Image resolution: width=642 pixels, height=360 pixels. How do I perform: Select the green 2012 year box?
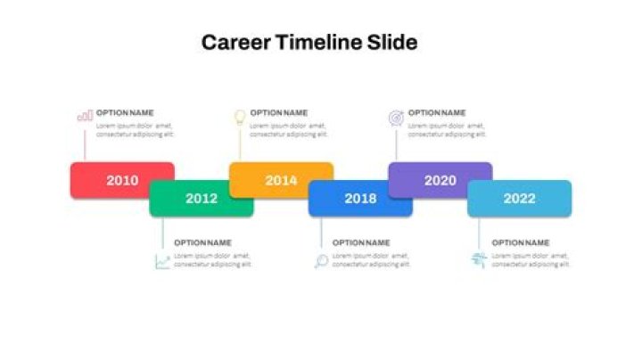click(x=202, y=199)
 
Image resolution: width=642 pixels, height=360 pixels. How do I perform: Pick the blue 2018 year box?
click(x=360, y=199)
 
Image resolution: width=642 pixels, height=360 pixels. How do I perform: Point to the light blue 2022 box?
click(x=519, y=199)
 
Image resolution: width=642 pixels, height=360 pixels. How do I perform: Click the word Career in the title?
click(x=235, y=42)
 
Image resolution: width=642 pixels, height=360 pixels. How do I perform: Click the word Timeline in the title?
click(x=318, y=42)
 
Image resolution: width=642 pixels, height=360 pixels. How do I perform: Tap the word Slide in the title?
click(x=392, y=42)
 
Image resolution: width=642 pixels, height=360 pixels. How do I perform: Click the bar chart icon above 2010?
click(x=85, y=116)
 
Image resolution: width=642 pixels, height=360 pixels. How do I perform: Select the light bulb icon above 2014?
click(x=239, y=116)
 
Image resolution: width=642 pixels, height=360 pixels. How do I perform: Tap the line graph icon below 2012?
click(x=162, y=261)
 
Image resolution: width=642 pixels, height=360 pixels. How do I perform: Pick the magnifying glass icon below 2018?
click(x=321, y=261)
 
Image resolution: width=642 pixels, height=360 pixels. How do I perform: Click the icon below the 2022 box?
click(x=479, y=260)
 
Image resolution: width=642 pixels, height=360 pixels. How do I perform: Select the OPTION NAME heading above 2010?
click(x=125, y=113)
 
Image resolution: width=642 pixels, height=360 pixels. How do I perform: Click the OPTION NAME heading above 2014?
click(x=279, y=113)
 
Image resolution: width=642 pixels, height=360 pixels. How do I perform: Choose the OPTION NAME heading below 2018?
click(x=361, y=242)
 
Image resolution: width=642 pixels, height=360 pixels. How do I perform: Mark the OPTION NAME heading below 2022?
click(x=521, y=242)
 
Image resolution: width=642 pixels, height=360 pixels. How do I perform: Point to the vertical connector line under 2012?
click(x=162, y=233)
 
